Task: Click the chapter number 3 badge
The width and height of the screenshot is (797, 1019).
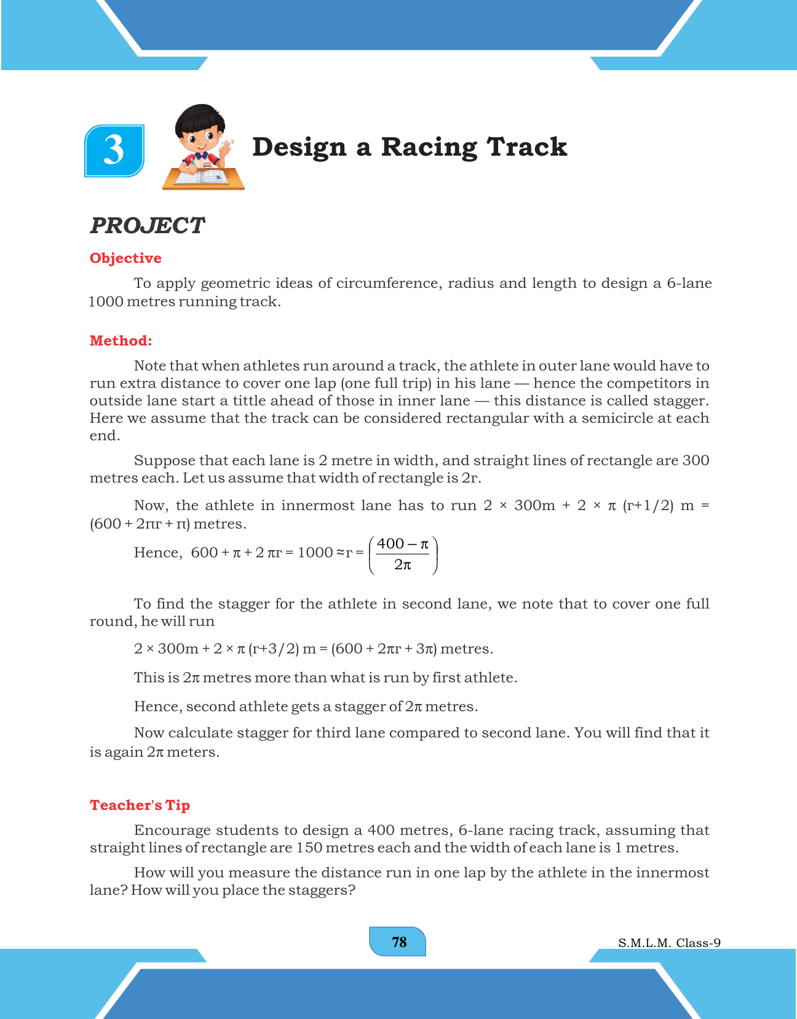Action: pyautogui.click(x=114, y=151)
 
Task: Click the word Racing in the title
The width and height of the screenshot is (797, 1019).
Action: pyautogui.click(x=429, y=147)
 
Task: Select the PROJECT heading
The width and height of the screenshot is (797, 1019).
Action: pyautogui.click(x=147, y=226)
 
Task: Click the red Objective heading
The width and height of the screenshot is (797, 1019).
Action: pyautogui.click(x=125, y=258)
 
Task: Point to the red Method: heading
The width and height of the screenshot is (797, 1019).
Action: pyautogui.click(x=121, y=341)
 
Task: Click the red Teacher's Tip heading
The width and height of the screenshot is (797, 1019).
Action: pyautogui.click(x=140, y=805)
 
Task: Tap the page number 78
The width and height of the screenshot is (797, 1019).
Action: pyautogui.click(x=398, y=942)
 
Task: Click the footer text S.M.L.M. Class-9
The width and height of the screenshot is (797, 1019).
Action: pyautogui.click(x=669, y=943)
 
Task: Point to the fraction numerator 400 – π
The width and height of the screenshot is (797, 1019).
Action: pyautogui.click(x=402, y=544)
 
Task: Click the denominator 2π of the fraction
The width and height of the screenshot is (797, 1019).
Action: pyautogui.click(x=402, y=564)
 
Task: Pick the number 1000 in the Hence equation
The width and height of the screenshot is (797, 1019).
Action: pyautogui.click(x=315, y=553)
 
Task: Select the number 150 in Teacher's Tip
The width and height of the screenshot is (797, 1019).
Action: pyautogui.click(x=309, y=848)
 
